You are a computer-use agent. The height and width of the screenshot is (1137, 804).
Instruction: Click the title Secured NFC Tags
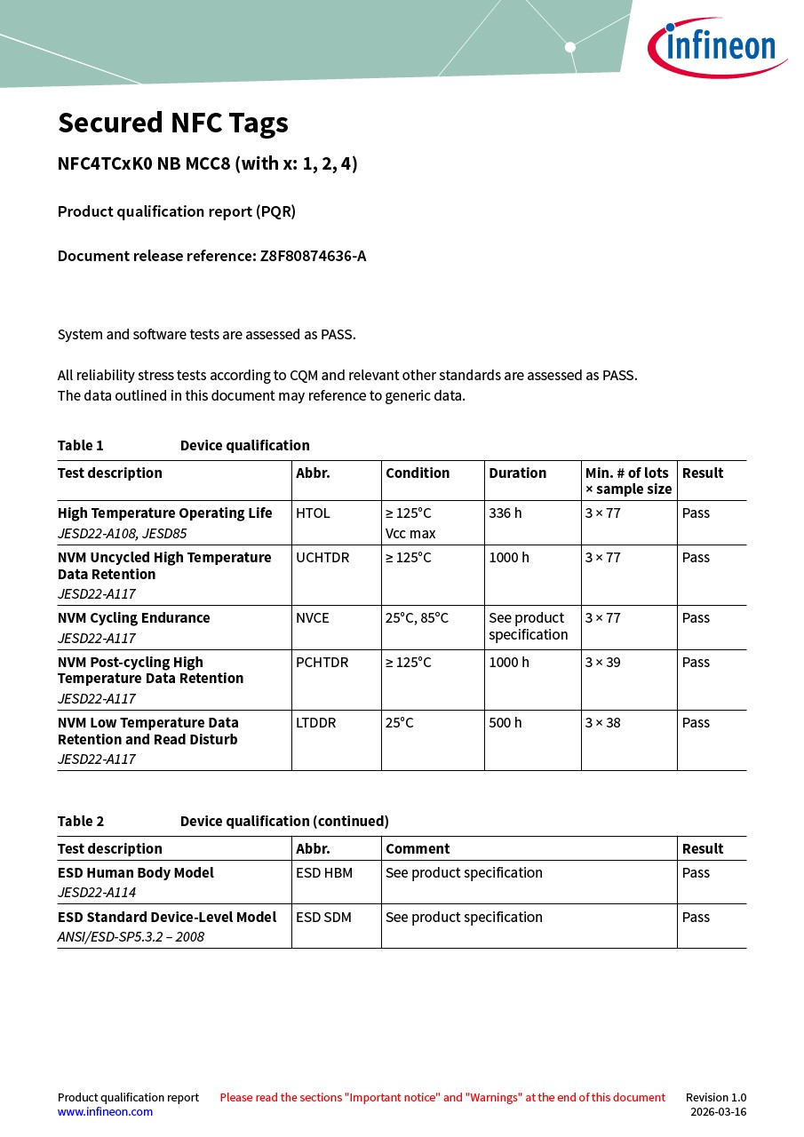[x=173, y=123]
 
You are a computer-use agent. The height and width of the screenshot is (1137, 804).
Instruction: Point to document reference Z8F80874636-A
[x=313, y=256]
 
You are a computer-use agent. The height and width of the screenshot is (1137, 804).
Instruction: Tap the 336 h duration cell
[x=505, y=513]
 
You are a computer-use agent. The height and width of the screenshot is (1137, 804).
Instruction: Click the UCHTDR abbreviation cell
[x=322, y=558]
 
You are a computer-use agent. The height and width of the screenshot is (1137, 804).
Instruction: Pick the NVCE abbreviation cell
[x=313, y=618]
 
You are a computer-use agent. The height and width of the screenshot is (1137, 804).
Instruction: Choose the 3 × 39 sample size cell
[x=602, y=663]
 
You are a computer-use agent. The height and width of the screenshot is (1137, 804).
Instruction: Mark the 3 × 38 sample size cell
[x=602, y=723]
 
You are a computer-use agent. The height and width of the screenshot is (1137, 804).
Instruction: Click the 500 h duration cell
[x=505, y=723]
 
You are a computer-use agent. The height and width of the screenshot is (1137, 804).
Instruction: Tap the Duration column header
[x=517, y=473]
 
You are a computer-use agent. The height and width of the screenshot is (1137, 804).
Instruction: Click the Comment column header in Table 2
[x=418, y=849]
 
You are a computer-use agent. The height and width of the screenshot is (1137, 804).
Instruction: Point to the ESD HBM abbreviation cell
[x=324, y=873]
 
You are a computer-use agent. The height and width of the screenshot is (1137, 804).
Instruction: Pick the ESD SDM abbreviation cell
[x=324, y=918]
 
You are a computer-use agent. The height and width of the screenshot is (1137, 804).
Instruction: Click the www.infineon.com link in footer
[x=105, y=1112]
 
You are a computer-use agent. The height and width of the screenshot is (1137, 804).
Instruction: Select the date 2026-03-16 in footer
[x=718, y=1112]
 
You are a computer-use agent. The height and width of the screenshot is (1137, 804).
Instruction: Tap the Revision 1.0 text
[x=716, y=1098]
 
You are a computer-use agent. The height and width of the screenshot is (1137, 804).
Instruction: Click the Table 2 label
[x=81, y=822]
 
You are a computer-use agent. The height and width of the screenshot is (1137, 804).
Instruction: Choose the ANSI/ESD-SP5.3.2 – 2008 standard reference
[x=131, y=937]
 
